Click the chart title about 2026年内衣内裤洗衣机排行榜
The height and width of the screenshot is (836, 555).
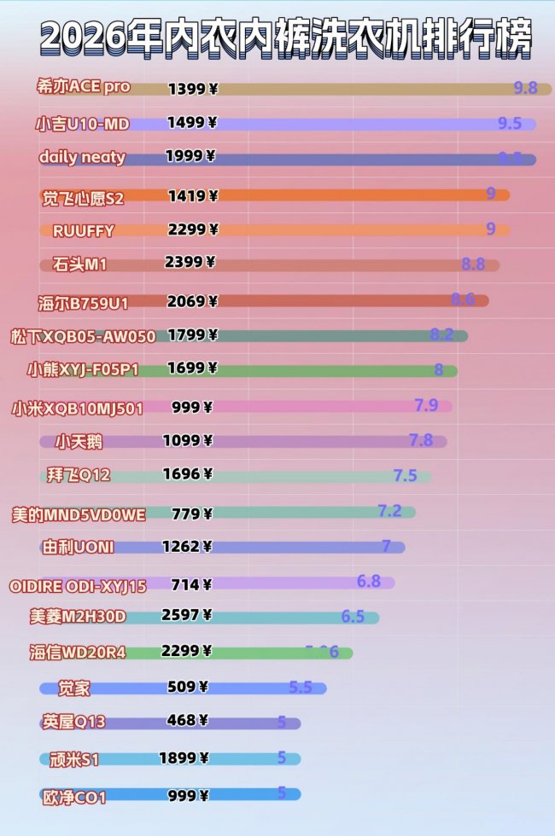pyautogui.click(x=285, y=38)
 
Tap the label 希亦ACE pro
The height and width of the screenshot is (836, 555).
pyautogui.click(x=83, y=87)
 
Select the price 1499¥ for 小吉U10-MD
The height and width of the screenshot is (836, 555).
pyautogui.click(x=191, y=123)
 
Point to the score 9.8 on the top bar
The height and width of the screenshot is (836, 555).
pyautogui.click(x=526, y=88)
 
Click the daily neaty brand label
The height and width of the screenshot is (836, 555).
pyautogui.click(x=82, y=158)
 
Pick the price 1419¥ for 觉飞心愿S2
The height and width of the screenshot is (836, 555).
pyautogui.click(x=193, y=196)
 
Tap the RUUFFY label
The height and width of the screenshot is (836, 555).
pyautogui.click(x=83, y=230)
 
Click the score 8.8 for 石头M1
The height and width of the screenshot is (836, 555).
pyautogui.click(x=473, y=264)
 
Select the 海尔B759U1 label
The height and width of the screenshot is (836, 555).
pyautogui.click(x=82, y=301)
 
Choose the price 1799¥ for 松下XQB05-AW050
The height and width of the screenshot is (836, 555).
pyautogui.click(x=193, y=334)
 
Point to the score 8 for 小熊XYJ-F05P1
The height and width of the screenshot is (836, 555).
pyautogui.click(x=439, y=370)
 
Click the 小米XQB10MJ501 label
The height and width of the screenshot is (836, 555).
pyautogui.click(x=77, y=408)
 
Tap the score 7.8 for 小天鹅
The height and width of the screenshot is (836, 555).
pyautogui.click(x=421, y=440)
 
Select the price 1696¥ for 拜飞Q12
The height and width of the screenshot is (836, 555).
pyautogui.click(x=188, y=474)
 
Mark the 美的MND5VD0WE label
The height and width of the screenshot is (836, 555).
pyautogui.click(x=79, y=514)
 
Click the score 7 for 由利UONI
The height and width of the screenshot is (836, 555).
pyautogui.click(x=386, y=546)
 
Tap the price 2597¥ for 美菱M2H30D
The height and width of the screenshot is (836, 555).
pyautogui.click(x=187, y=615)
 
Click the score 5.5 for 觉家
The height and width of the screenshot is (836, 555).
pyautogui.click(x=301, y=687)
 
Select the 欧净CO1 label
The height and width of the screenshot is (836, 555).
pyautogui.click(x=74, y=798)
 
